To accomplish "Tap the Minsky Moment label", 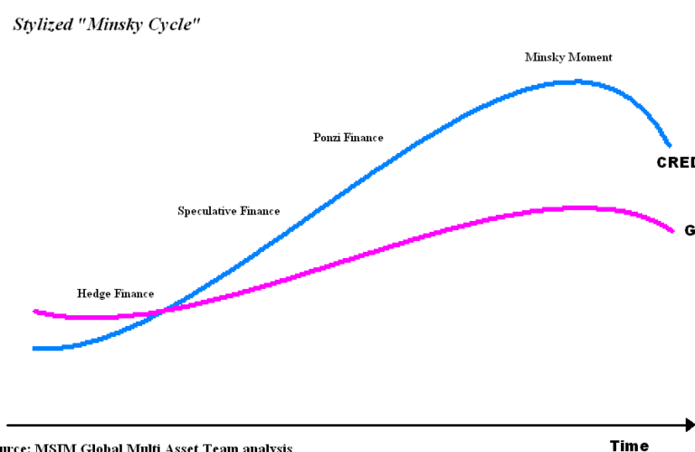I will coord(568,57).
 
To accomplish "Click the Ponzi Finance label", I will coord(348,138).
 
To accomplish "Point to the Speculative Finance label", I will coord(228,211).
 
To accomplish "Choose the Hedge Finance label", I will coord(115,293).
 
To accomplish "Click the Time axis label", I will coord(629,445).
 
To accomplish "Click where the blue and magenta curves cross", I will coord(161,311).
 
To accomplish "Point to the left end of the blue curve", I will coord(34,348).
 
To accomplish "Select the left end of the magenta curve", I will coord(34,311).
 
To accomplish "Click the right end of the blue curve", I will coord(670,145).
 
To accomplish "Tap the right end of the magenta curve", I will coord(673,230).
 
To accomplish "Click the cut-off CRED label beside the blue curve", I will coord(675,163).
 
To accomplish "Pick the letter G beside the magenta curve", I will coord(689,230).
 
